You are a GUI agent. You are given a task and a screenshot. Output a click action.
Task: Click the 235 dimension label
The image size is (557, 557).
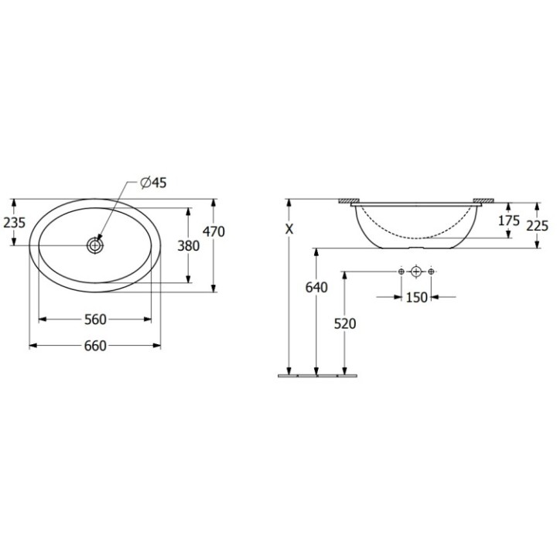(x=15, y=222)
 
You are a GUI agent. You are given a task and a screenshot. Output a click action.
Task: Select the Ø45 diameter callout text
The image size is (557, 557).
(x=153, y=183)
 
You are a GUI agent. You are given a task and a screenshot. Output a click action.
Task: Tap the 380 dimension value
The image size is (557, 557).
(x=188, y=246)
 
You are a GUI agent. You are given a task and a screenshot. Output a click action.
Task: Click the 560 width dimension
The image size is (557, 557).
(x=94, y=320)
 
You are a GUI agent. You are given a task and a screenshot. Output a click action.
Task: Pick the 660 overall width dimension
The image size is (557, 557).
(x=94, y=346)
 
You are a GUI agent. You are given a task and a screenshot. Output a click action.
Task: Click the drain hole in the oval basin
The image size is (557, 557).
(x=95, y=245)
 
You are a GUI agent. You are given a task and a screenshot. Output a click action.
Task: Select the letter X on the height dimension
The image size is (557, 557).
(x=289, y=229)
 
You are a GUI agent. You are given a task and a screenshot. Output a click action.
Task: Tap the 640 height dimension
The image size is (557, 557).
(x=316, y=287)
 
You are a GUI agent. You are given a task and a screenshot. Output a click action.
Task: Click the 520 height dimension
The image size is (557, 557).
(x=344, y=323)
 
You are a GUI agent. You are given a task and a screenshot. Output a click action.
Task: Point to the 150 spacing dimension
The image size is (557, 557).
(x=416, y=298)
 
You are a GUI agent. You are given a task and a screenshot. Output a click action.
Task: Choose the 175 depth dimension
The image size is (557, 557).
(x=508, y=220)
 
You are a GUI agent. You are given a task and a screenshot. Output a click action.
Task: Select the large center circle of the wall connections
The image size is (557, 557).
(x=416, y=272)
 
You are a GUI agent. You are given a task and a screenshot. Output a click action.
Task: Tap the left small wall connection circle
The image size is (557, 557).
(x=401, y=272)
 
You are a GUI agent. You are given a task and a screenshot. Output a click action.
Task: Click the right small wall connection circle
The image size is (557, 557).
(x=432, y=272)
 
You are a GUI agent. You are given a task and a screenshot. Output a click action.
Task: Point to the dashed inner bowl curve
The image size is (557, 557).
(x=416, y=234)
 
